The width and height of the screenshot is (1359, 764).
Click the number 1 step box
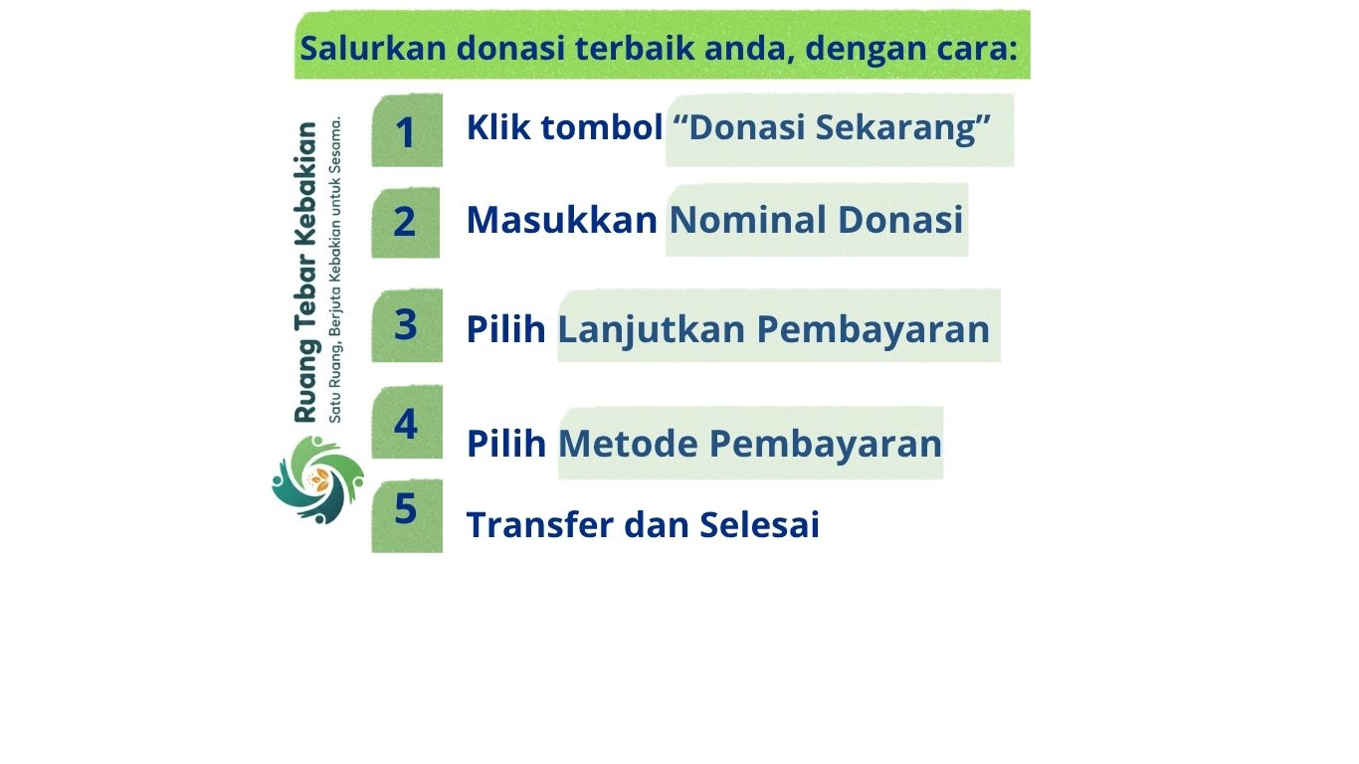click(407, 130)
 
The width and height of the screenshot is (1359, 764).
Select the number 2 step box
click(406, 222)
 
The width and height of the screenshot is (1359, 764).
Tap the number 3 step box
click(407, 325)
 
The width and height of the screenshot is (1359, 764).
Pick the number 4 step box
click(407, 422)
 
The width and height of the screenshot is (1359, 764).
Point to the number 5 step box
click(407, 516)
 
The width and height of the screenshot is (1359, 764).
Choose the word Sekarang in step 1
click(902, 128)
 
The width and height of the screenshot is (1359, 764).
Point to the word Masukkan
click(562, 219)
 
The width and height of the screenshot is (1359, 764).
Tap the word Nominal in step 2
click(747, 219)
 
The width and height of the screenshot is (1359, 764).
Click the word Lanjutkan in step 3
click(651, 330)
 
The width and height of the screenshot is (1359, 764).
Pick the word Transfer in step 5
click(540, 524)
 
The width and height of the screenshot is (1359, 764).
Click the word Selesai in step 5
click(759, 524)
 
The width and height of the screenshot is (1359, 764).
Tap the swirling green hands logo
click(318, 480)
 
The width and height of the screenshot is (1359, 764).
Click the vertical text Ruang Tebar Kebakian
click(305, 272)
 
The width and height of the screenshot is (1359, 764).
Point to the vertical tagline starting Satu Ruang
click(335, 270)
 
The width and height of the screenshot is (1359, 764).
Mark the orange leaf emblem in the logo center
click(318, 479)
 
